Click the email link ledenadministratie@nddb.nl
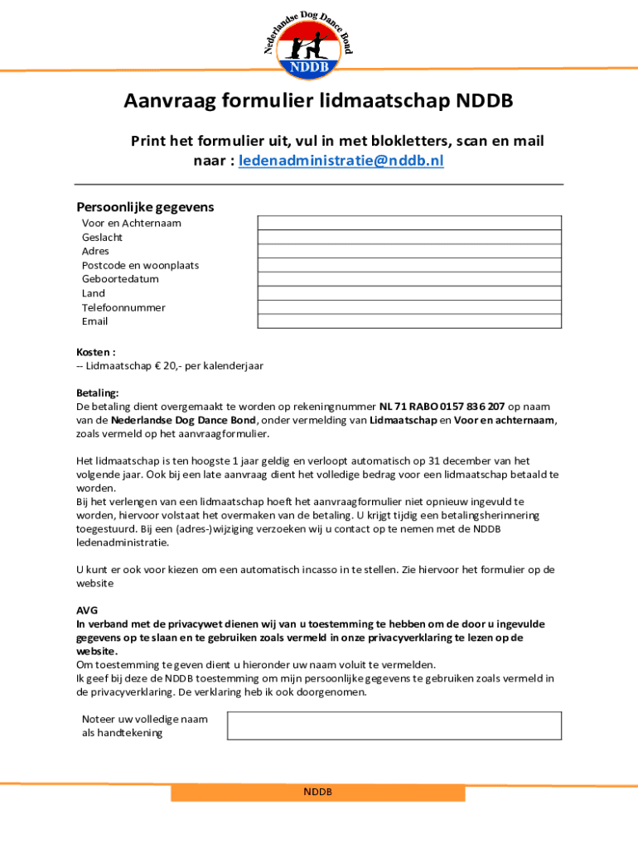(341, 161)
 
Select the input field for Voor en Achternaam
(409, 223)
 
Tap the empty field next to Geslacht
(409, 237)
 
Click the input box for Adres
(409, 251)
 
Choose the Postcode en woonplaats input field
(409, 265)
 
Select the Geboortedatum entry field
(409, 279)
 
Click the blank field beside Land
(409, 293)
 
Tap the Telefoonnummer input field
(409, 307)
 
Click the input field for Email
(409, 321)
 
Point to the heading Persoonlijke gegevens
(145, 206)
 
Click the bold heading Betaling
(98, 393)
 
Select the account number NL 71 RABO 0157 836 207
(442, 407)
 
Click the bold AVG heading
(87, 610)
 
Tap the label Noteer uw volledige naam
(145, 719)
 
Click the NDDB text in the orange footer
(317, 792)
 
